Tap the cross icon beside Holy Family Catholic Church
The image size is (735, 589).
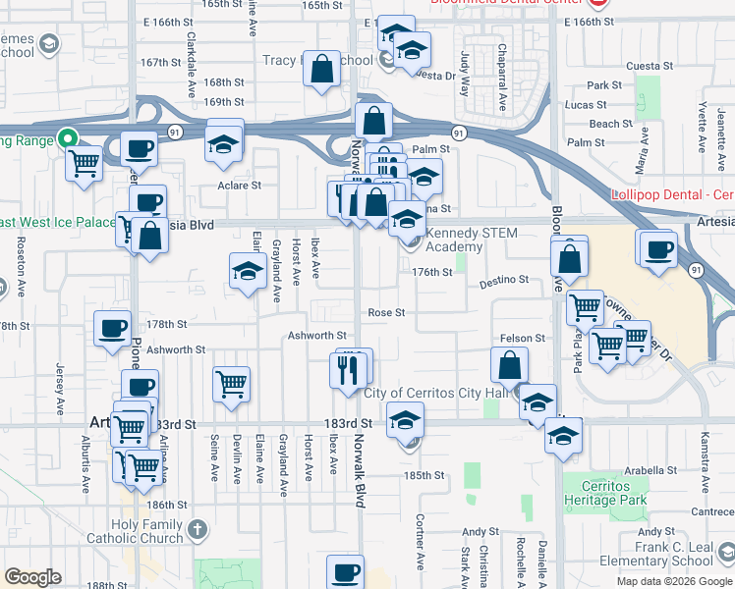pyautogui.click(x=198, y=530)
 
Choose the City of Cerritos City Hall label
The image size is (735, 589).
pyautogui.click(x=441, y=394)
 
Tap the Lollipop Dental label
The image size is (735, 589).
pyautogui.click(x=672, y=195)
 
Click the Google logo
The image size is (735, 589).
pyautogui.click(x=32, y=577)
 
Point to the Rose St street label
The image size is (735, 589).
pyautogui.click(x=386, y=313)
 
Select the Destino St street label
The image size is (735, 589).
pyautogui.click(x=504, y=282)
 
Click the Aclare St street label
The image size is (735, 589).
pyautogui.click(x=240, y=185)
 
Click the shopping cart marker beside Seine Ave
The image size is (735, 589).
pyautogui.click(x=231, y=382)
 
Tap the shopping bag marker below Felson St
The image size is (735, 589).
pyautogui.click(x=511, y=365)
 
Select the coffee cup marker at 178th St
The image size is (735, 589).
pyautogui.click(x=112, y=328)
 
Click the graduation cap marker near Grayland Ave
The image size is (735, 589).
pyautogui.click(x=248, y=271)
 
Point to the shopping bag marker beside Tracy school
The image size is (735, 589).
pyautogui.click(x=322, y=70)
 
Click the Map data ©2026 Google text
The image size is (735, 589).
pyautogui.click(x=674, y=581)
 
